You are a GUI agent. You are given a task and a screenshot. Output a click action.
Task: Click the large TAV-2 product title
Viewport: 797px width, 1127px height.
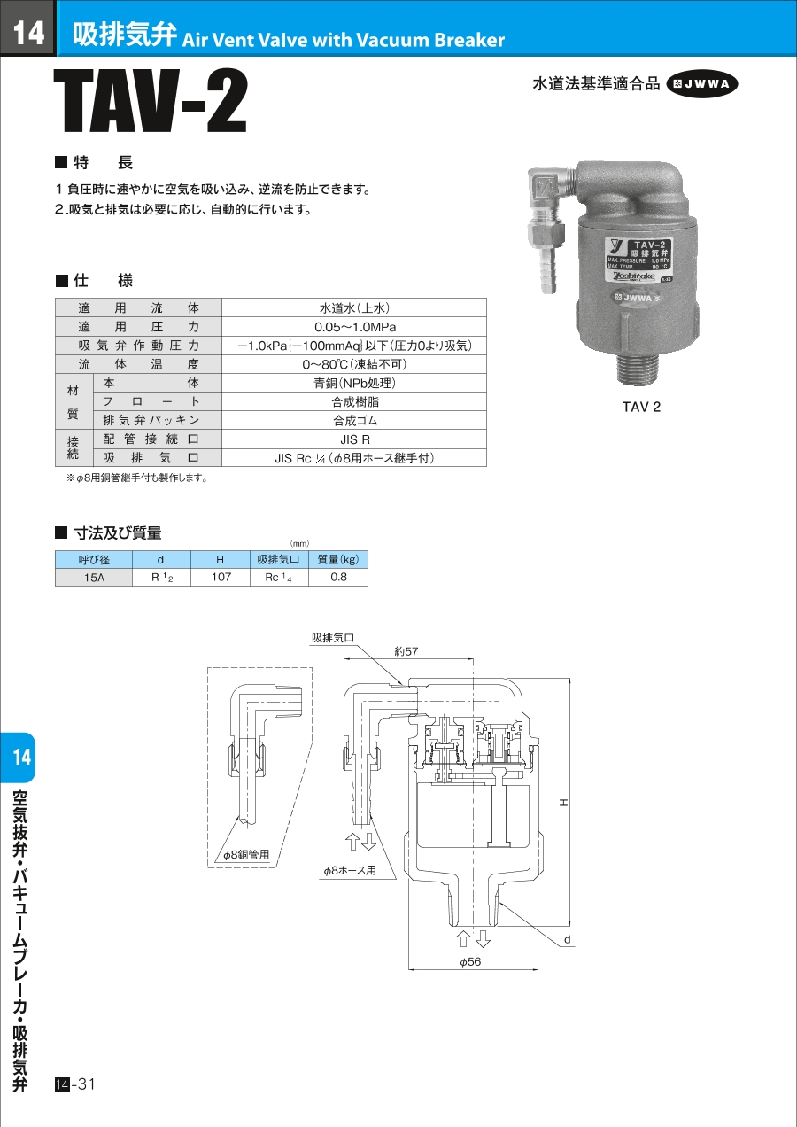151,101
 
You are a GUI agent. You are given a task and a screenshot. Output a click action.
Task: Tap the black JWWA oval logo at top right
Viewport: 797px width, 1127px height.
702,84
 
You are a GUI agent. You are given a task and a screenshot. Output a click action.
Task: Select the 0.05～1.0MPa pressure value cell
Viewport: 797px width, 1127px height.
354,327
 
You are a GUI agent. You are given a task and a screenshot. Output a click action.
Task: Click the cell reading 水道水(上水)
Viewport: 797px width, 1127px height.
354,308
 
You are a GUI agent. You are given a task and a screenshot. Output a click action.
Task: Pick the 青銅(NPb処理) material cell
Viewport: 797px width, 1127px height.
354,384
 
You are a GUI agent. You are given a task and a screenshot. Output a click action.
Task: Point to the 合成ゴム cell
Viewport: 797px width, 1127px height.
354,421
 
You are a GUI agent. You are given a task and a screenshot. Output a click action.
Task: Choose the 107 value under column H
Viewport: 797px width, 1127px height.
221,577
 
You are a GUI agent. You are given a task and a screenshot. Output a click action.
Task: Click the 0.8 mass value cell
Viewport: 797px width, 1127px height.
338,577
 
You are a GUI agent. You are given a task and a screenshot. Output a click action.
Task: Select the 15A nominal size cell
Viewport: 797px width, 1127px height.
94,578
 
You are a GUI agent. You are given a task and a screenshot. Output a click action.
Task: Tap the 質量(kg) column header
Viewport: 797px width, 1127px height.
338,559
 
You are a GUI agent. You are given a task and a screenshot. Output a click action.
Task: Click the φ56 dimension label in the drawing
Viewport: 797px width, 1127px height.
470,962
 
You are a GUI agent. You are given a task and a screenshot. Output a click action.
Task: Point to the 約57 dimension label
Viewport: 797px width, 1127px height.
406,651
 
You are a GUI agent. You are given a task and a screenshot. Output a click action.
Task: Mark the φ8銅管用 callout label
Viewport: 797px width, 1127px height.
246,854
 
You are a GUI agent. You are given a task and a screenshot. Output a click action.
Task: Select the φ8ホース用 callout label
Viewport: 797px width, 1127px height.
350,870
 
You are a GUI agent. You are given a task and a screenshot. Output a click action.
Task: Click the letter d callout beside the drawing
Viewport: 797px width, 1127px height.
568,939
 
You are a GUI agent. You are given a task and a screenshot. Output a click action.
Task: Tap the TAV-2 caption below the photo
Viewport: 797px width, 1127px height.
641,407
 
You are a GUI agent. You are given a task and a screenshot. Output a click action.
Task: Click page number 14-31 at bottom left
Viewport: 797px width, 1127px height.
75,1084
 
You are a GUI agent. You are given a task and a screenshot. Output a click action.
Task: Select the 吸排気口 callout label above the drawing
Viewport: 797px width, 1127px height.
333,638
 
